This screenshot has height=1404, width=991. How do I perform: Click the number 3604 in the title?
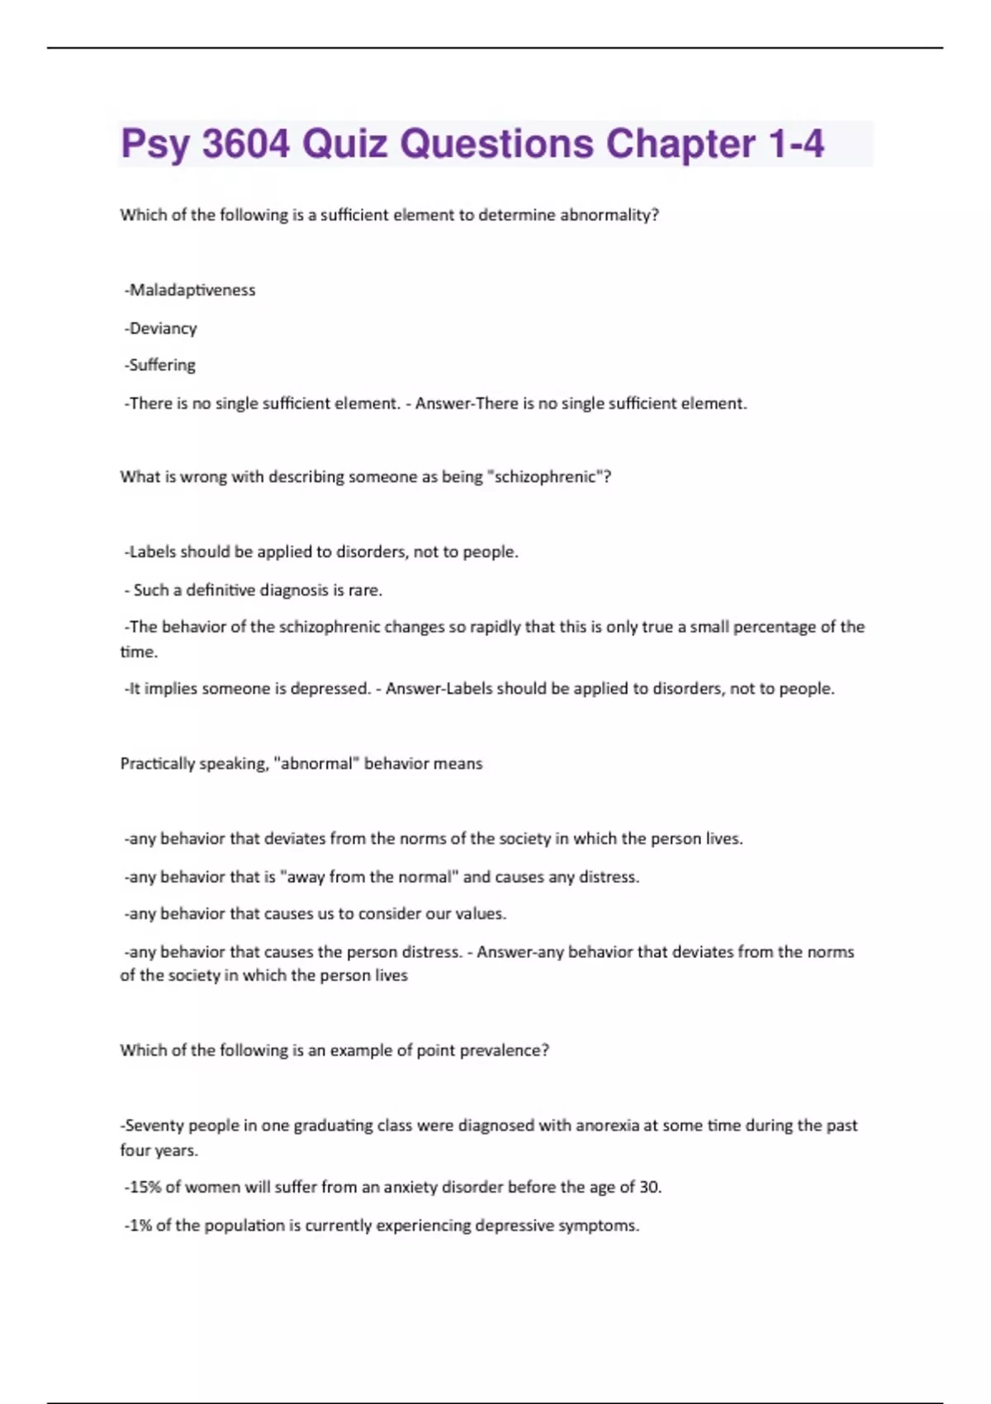pyautogui.click(x=246, y=144)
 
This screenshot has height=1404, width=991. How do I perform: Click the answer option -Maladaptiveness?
pyautogui.click(x=190, y=290)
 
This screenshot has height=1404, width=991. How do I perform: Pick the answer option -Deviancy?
pyautogui.click(x=161, y=328)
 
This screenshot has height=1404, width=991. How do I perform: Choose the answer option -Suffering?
pyautogui.click(x=160, y=365)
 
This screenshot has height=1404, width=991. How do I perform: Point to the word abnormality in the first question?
pyautogui.click(x=609, y=215)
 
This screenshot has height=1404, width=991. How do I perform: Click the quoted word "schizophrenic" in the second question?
pyautogui.click(x=546, y=477)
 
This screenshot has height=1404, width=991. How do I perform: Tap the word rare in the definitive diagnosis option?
pyautogui.click(x=366, y=590)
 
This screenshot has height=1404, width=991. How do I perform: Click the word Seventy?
pyautogui.click(x=154, y=1125)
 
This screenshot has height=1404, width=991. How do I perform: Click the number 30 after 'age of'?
pyautogui.click(x=649, y=1187)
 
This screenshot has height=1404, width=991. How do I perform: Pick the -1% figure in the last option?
pyautogui.click(x=138, y=1225)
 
